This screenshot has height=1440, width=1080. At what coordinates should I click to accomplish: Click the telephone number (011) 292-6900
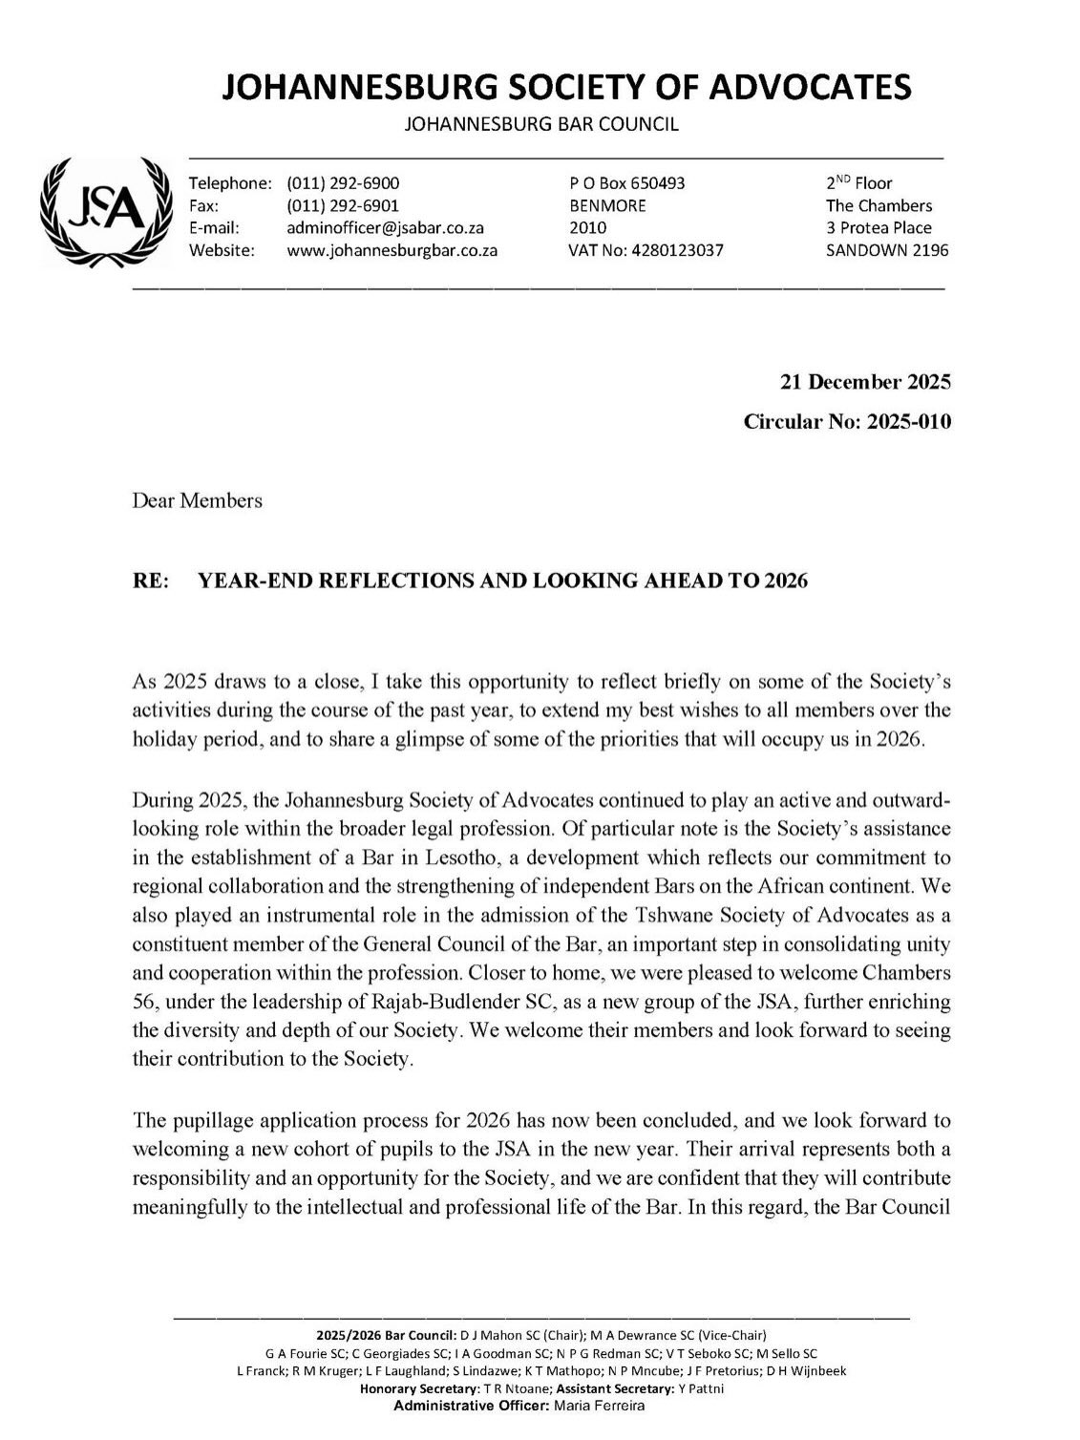pyautogui.click(x=343, y=183)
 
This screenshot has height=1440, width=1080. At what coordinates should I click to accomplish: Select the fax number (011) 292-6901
pyautogui.click(x=343, y=205)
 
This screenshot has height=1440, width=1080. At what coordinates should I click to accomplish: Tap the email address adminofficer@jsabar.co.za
pyautogui.click(x=386, y=228)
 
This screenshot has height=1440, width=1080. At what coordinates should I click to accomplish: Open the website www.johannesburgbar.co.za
pyautogui.click(x=392, y=250)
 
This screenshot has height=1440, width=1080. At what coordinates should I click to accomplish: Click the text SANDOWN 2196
pyautogui.click(x=887, y=250)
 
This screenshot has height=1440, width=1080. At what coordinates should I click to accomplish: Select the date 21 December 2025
pyautogui.click(x=865, y=383)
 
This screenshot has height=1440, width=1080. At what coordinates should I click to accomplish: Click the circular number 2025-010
pyautogui.click(x=908, y=421)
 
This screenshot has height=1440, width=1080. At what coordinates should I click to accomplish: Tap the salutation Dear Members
pyautogui.click(x=197, y=500)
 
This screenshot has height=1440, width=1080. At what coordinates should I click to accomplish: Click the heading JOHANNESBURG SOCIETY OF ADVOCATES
pyautogui.click(x=566, y=88)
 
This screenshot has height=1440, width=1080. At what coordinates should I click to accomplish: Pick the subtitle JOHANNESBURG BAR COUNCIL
pyautogui.click(x=541, y=124)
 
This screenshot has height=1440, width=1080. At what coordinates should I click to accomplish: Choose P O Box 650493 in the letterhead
pyautogui.click(x=626, y=183)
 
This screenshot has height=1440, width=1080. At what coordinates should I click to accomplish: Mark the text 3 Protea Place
pyautogui.click(x=879, y=228)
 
